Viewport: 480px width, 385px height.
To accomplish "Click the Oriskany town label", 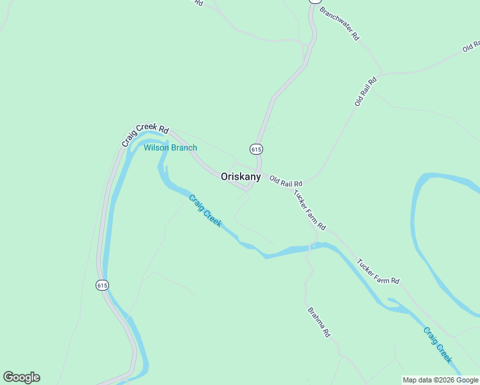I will [x=241, y=176].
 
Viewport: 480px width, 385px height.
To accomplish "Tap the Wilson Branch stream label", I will [x=170, y=148].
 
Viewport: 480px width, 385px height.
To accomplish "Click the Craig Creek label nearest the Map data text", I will [x=437, y=344].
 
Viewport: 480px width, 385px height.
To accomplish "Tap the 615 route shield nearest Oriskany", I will [x=256, y=149].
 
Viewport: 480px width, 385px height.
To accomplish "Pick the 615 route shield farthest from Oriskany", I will [x=102, y=285].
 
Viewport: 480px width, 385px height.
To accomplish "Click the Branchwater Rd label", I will [x=339, y=24].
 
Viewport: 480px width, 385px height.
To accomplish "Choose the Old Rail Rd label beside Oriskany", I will [x=286, y=181].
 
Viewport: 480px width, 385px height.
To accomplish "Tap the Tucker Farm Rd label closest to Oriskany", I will [x=310, y=210].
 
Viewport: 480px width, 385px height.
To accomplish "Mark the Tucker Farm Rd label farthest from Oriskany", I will [x=378, y=271].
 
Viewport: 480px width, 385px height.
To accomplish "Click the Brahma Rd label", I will [x=318, y=322].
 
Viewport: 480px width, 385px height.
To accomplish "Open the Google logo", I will [x=21, y=377].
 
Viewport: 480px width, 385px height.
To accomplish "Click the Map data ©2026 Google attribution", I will [x=440, y=380].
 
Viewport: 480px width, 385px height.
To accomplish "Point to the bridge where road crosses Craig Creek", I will [x=312, y=245].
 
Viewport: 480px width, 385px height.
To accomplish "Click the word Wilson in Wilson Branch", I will [x=156, y=148].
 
